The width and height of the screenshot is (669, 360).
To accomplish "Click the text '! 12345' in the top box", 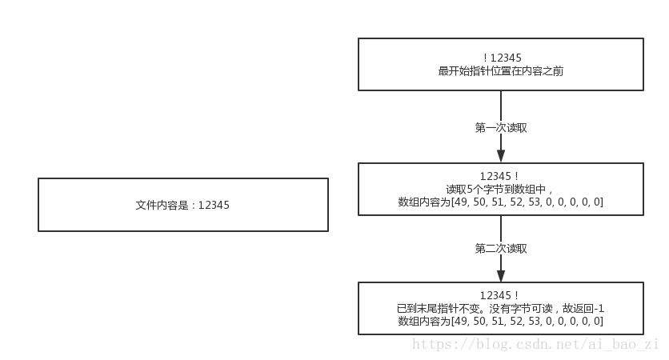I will tap(500, 58).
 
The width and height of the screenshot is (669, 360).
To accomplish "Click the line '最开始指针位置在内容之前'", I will tap(500, 70).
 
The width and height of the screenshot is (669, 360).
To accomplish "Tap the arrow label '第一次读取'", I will tap(500, 127).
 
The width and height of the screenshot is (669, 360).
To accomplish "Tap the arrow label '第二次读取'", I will tap(500, 248).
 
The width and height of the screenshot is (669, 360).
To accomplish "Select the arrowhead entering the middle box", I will tap(501, 156).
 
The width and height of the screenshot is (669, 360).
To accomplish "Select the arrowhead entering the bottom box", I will tap(501, 275).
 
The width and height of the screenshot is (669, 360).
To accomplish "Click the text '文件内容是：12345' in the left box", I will tap(182, 205).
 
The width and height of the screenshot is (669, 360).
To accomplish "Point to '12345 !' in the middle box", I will tap(500, 176).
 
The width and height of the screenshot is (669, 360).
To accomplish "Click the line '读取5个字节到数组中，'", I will tap(500, 189).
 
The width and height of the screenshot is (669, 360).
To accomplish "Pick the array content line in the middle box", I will tap(500, 202).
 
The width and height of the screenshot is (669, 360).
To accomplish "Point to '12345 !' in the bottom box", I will tap(500, 294).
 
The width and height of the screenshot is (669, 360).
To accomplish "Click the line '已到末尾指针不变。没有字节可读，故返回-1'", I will tap(500, 308).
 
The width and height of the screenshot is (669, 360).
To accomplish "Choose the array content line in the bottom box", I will tap(500, 321).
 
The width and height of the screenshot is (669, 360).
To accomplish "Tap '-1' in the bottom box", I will tap(599, 308).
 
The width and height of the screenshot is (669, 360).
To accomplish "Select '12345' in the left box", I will tap(214, 205).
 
